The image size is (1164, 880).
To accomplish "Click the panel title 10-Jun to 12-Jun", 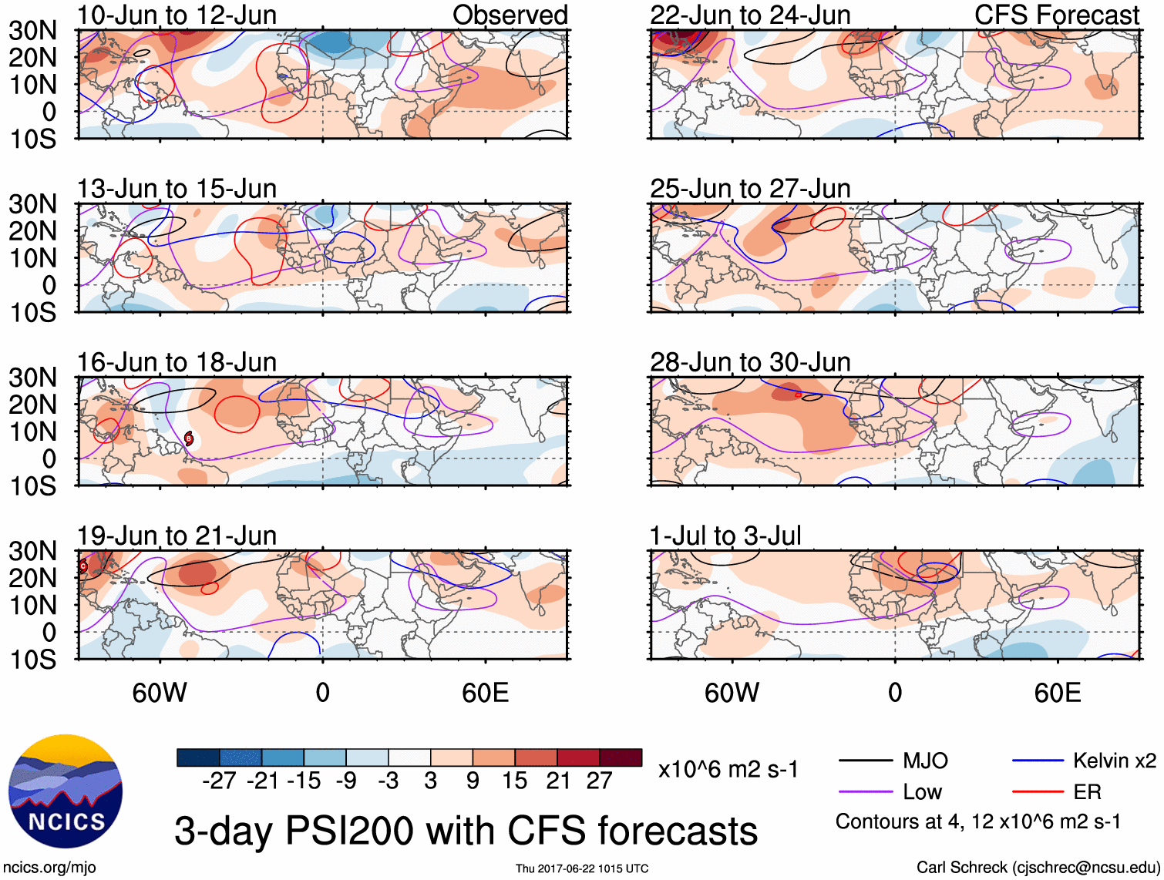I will (x=177, y=15).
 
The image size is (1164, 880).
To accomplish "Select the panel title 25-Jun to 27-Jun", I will (x=750, y=189).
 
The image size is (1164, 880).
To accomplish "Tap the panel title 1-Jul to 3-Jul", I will (x=725, y=536).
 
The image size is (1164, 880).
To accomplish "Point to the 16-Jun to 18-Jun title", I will (x=177, y=362).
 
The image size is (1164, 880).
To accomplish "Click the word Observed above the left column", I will (x=510, y=15).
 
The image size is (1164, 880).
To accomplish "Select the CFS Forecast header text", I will (x=1056, y=15).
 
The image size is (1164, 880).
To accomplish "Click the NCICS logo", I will (x=66, y=791).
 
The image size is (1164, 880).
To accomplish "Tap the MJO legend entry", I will (x=925, y=761).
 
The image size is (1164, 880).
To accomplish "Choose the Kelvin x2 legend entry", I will (x=1114, y=761).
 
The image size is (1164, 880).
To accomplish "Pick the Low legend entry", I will (x=922, y=792).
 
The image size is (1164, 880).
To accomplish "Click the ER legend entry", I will (x=1087, y=792).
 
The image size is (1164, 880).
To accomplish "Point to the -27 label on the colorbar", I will (x=219, y=781).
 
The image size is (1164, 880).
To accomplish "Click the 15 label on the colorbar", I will (x=514, y=781).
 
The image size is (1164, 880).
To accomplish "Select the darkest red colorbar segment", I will (x=621, y=757).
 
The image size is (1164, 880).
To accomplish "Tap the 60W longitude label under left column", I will (x=160, y=693).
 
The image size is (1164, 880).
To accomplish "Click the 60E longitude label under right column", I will (x=1057, y=693).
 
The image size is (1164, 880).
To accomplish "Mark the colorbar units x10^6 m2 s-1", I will (x=728, y=769).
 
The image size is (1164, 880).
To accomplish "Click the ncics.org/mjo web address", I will (x=49, y=868).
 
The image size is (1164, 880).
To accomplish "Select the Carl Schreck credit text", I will (x=1038, y=868).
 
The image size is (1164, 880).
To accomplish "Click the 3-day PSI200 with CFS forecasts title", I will (x=466, y=831).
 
